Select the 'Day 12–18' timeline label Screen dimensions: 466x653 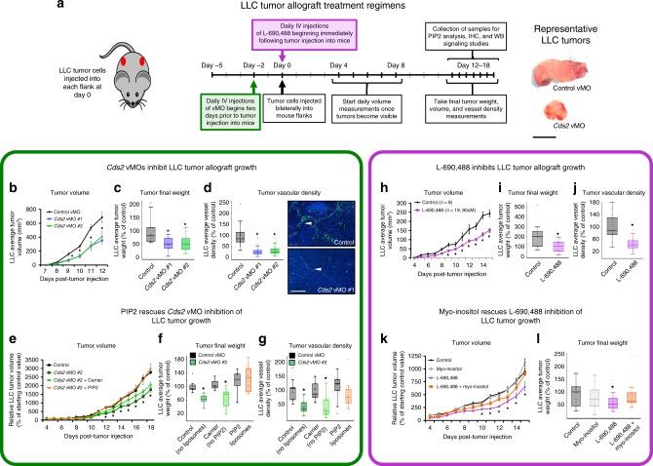coord(475,61)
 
